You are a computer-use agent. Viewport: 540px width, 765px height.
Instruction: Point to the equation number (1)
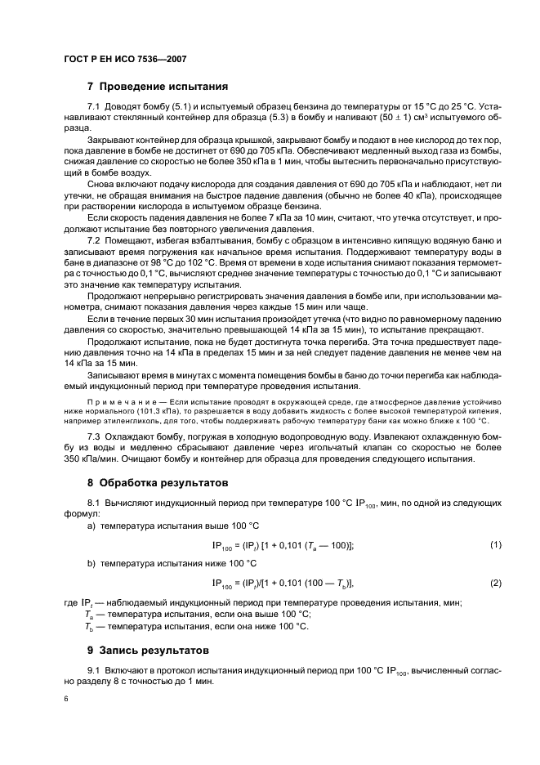pyautogui.click(x=495, y=545)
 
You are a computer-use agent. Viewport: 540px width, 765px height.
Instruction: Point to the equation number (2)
pyautogui.click(x=495, y=583)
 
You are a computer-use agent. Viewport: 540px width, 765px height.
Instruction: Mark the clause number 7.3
pyautogui.click(x=92, y=437)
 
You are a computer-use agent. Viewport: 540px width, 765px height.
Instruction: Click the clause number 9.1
pyautogui.click(x=92, y=671)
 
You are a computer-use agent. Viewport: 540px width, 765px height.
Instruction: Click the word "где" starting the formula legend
pyautogui.click(x=70, y=603)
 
